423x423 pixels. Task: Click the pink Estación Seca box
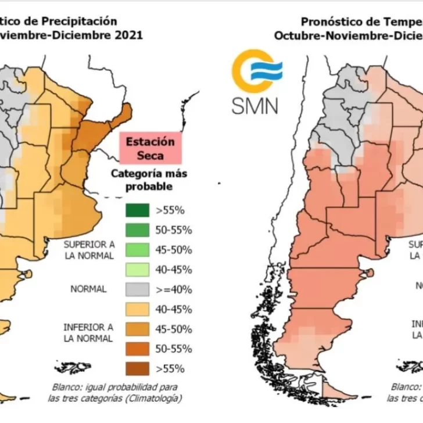tap(150, 148)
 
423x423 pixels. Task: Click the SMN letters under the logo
tap(254, 105)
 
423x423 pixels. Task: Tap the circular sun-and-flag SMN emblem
tap(256, 71)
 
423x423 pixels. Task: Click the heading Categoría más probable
tap(149, 180)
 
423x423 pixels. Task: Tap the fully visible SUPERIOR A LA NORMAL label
tap(89, 250)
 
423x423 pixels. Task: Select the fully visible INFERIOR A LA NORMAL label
tap(89, 332)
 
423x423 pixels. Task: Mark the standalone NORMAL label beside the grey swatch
tap(88, 289)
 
